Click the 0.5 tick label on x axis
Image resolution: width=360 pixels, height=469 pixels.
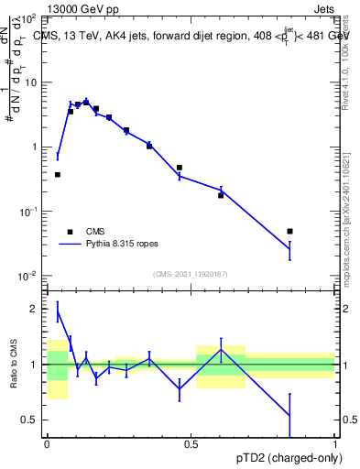[x=191, y=443]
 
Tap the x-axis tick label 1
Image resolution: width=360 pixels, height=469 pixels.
[x=335, y=443]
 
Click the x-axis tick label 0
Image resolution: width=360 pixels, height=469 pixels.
[x=47, y=443]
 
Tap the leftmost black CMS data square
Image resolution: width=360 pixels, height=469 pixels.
[x=58, y=174]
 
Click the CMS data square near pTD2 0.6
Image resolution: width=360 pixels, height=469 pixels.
[x=221, y=195]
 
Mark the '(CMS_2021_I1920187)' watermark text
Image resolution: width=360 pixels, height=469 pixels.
[x=191, y=274]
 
